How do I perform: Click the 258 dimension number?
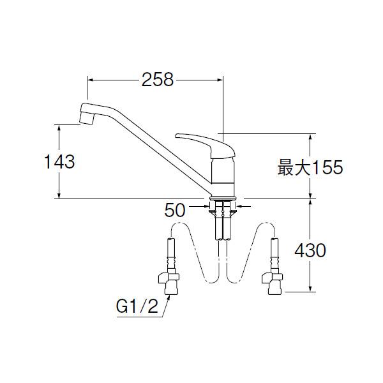click(158, 80)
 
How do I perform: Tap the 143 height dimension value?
click(59, 161)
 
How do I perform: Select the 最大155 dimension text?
click(310, 167)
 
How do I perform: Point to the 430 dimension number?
click(310, 250)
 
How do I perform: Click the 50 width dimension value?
click(175, 210)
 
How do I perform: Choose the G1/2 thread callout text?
click(137, 306)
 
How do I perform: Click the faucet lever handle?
click(205, 146)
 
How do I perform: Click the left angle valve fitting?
click(169, 283)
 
